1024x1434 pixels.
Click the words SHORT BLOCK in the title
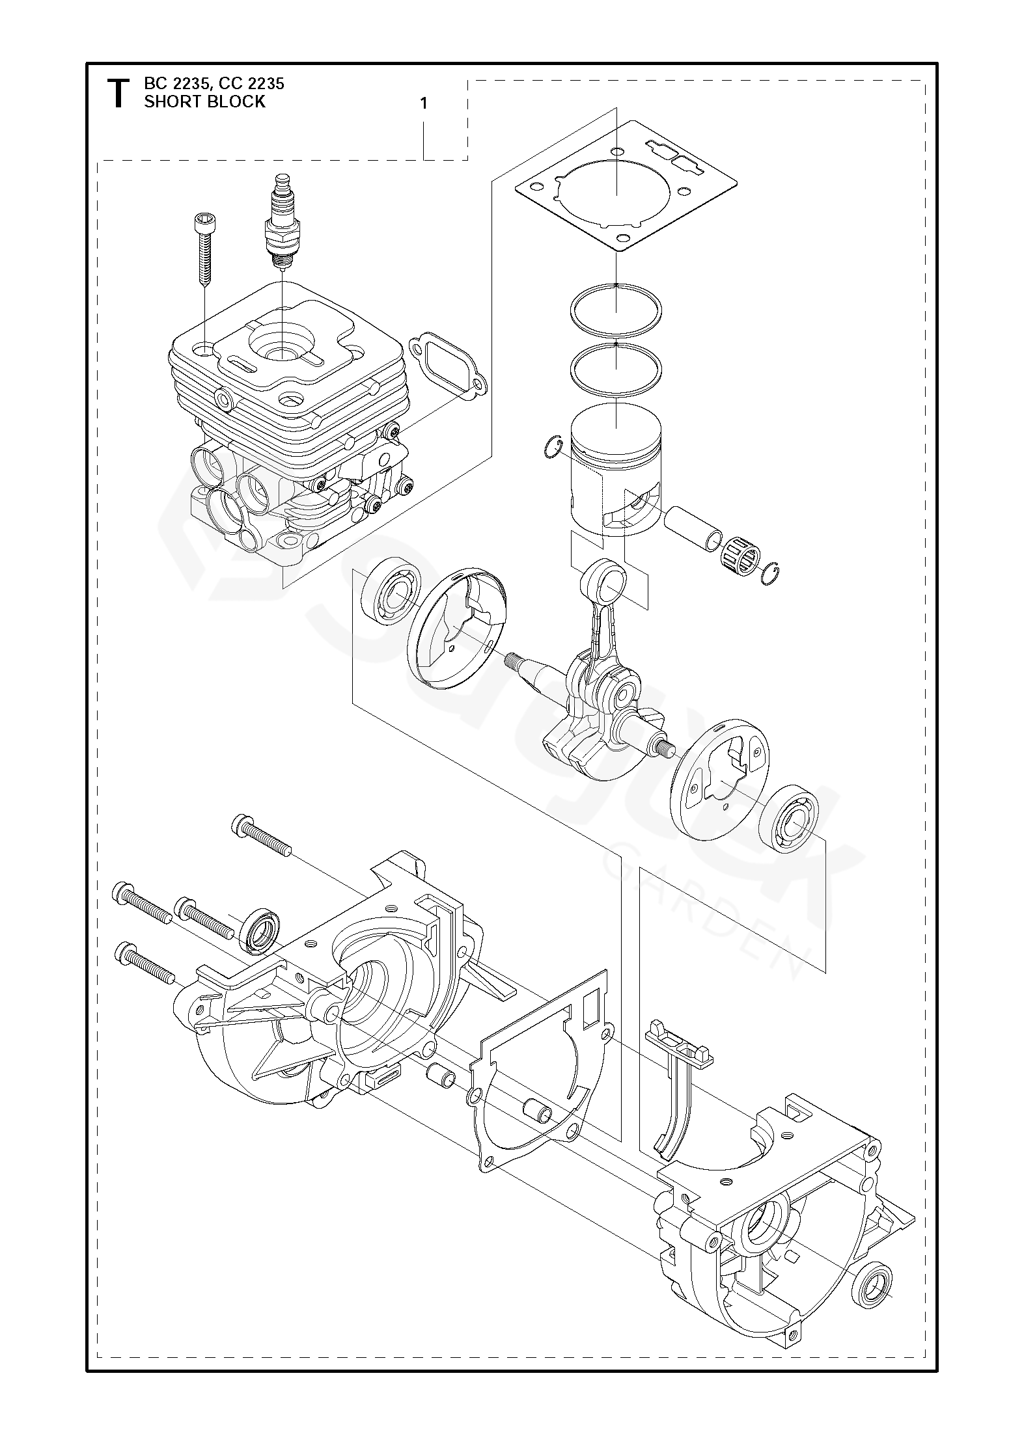point(204,101)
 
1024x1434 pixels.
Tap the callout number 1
point(424,103)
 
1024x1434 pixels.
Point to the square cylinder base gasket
point(626,186)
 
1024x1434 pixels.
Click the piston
point(616,468)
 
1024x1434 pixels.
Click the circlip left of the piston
point(552,448)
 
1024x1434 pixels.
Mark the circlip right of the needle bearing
point(769,571)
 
